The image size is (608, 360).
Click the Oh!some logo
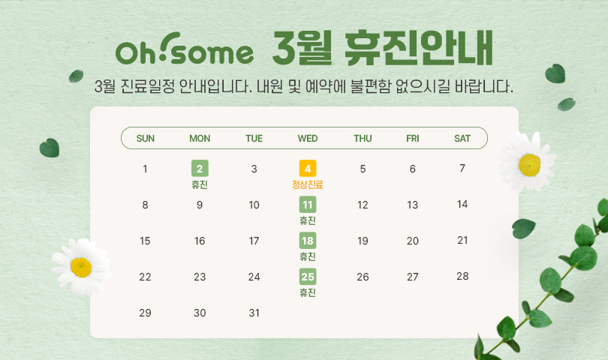tap(185, 49)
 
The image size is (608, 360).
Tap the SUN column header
tap(146, 138)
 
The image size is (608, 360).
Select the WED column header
tap(308, 138)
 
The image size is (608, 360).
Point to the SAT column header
tap(462, 138)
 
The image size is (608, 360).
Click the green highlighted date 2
tap(200, 169)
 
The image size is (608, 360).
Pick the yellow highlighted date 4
tap(308, 169)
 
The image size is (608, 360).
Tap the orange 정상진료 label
tap(308, 184)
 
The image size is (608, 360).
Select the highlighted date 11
tap(308, 205)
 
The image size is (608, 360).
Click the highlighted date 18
tap(308, 241)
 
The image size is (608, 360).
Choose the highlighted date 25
tap(308, 277)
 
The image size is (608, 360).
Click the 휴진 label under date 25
tap(308, 292)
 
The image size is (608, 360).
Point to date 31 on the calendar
tap(254, 313)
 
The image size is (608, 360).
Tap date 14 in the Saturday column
tap(462, 204)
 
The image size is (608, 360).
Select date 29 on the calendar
tap(145, 313)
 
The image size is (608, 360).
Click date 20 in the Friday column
tap(413, 241)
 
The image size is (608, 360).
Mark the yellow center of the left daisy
tap(81, 268)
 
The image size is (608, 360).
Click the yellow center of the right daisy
tap(530, 165)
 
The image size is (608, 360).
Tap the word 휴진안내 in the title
tap(419, 48)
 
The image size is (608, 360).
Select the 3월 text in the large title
tap(302, 48)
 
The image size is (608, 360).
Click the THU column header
tap(363, 138)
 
